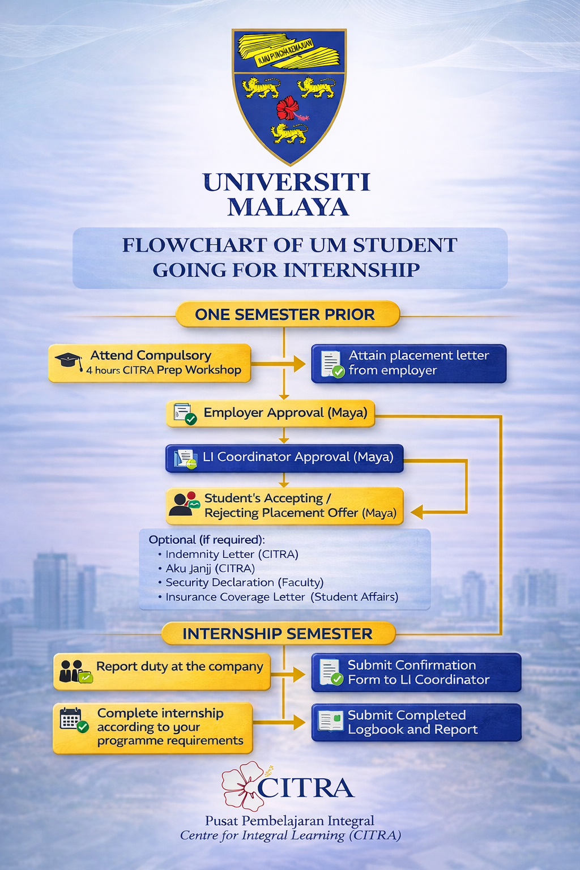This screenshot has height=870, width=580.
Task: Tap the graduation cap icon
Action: (69, 360)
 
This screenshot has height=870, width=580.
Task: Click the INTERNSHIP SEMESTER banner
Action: (278, 634)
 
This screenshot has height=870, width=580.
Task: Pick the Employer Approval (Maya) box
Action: (271, 413)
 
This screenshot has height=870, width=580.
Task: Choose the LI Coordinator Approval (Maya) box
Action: (284, 458)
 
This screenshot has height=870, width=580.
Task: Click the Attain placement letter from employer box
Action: (408, 363)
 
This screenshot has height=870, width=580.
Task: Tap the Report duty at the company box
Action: (162, 671)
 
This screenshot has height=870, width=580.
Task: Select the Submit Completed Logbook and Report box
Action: (416, 722)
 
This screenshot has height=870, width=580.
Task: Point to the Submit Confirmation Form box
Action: (416, 672)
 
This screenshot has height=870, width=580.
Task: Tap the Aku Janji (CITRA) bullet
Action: (210, 568)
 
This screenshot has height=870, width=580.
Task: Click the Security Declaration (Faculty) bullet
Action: (244, 582)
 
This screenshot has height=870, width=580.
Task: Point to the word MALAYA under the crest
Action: (288, 207)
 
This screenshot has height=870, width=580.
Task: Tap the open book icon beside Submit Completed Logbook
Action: (331, 721)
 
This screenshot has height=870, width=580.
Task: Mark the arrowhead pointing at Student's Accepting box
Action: (417, 512)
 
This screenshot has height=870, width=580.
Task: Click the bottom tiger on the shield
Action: (289, 134)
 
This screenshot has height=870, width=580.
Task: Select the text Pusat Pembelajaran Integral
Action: (289, 821)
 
